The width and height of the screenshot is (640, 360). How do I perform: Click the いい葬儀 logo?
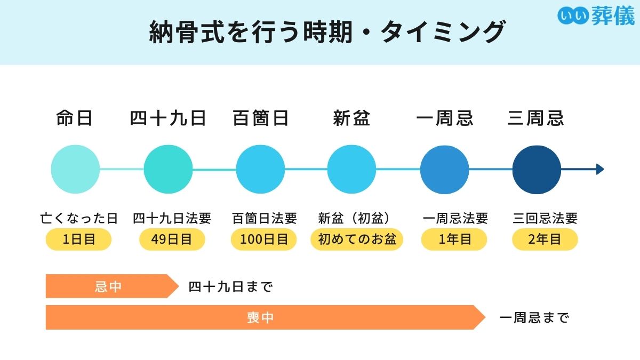point(596,15)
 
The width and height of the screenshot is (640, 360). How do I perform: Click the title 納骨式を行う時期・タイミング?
point(326,32)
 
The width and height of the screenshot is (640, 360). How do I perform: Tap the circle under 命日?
point(75,170)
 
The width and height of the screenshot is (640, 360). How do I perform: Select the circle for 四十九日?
point(168,170)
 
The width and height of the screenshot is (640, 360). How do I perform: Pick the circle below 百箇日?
point(260,170)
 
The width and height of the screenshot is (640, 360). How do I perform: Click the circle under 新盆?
point(351,170)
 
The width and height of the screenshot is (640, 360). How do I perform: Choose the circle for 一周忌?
point(444,170)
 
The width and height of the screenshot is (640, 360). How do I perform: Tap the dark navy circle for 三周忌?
point(537,170)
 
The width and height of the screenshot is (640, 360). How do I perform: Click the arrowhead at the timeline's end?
point(600,170)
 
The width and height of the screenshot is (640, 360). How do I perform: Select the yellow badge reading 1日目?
point(78,239)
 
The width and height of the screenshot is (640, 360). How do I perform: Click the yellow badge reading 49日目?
point(172,239)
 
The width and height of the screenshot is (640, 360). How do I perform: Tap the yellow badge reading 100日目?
point(263,239)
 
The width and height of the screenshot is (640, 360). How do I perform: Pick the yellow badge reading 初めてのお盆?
point(357,239)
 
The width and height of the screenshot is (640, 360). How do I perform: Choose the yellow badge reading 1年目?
point(454,239)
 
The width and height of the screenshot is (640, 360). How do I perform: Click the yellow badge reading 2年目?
point(545,239)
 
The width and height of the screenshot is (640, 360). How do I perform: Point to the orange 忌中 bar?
point(109,286)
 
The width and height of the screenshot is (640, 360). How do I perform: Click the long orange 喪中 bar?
point(261,318)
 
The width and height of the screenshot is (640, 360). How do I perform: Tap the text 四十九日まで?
point(230,287)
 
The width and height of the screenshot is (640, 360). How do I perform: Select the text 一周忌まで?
point(534,318)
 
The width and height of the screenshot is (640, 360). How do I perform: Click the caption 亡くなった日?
point(79,218)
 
